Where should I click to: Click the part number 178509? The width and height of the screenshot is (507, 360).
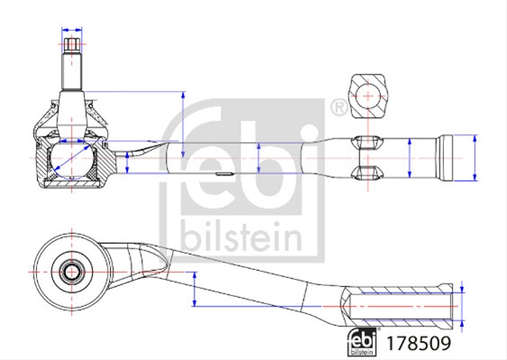(418, 343)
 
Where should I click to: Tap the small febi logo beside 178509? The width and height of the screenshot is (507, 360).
(362, 342)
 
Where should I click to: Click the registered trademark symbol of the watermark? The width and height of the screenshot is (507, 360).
(339, 107)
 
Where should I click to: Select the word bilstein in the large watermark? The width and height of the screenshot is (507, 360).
(241, 236)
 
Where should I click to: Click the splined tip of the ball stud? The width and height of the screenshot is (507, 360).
(72, 45)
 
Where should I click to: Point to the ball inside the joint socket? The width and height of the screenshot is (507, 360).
(72, 158)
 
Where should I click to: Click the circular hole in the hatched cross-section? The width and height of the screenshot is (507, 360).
(368, 96)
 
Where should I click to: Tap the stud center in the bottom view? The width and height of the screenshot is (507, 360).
(72, 272)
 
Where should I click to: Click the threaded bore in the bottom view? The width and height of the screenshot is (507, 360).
(402, 306)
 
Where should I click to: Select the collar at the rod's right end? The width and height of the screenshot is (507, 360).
(445, 158)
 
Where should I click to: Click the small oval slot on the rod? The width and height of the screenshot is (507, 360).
(224, 174)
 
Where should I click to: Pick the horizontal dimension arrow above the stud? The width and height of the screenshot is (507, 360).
(72, 30)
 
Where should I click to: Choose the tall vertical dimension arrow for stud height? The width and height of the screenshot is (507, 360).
(184, 125)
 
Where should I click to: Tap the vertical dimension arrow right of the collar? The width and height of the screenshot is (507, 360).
(475, 158)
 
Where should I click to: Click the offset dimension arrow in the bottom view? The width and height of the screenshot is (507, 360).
(195, 289)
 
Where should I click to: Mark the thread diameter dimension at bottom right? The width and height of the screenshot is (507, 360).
(462, 306)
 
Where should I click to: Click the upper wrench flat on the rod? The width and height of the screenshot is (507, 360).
(367, 142)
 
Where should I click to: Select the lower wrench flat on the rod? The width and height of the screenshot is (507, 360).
(367, 173)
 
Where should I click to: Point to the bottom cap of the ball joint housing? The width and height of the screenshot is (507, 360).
(71, 184)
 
